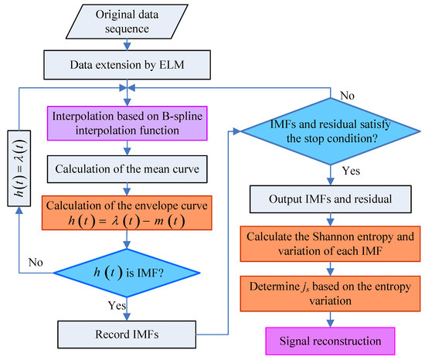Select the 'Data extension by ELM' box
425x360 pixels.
[124, 60]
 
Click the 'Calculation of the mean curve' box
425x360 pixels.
[124, 165]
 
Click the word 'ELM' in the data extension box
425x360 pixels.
[171, 60]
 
